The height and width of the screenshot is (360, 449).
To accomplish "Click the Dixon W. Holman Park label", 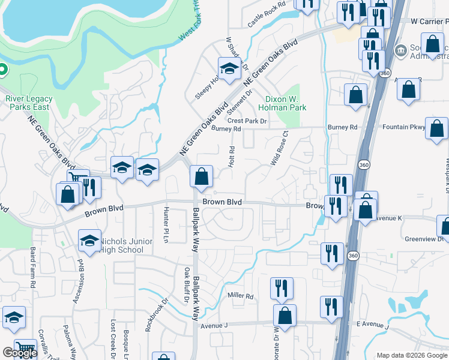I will point(286,103).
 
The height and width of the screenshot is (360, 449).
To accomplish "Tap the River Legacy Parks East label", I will point(29,103).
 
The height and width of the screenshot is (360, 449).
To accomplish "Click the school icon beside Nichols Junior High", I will point(89,242).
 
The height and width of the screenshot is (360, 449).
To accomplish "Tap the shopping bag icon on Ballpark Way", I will point(202,176).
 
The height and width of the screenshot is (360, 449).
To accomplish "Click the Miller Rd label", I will point(241,296).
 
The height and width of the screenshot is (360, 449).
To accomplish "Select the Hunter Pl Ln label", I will point(166,223).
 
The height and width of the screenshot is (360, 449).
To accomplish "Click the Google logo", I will point(19,353).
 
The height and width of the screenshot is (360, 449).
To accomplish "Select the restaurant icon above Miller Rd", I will point(280,289).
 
